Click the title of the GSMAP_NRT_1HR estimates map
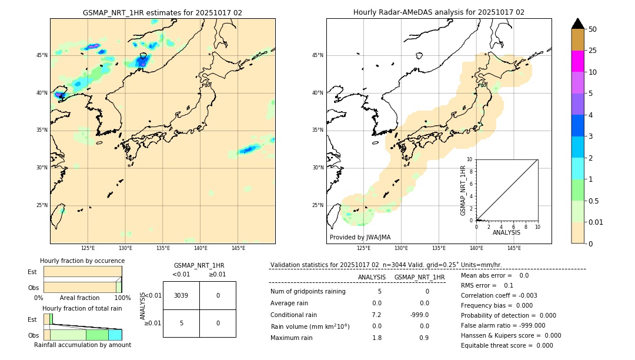(x=162, y=12)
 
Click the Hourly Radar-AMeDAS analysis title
(x=439, y=12)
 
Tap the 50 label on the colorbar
(x=593, y=29)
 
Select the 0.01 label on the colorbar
(x=596, y=222)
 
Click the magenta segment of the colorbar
(x=578, y=61)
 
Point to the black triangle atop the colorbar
(x=578, y=24)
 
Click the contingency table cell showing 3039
(x=181, y=295)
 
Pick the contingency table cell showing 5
(x=181, y=323)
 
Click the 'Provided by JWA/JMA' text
(x=360, y=238)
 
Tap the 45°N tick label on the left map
(x=42, y=55)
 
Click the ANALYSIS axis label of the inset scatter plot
(x=506, y=233)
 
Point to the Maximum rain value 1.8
(x=377, y=338)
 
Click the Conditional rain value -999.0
(x=419, y=315)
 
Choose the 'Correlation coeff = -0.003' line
(x=499, y=296)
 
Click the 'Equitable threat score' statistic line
(x=507, y=346)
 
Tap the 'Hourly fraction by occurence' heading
(x=82, y=261)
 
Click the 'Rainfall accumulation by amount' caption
(x=82, y=345)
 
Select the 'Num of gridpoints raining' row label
(x=308, y=292)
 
